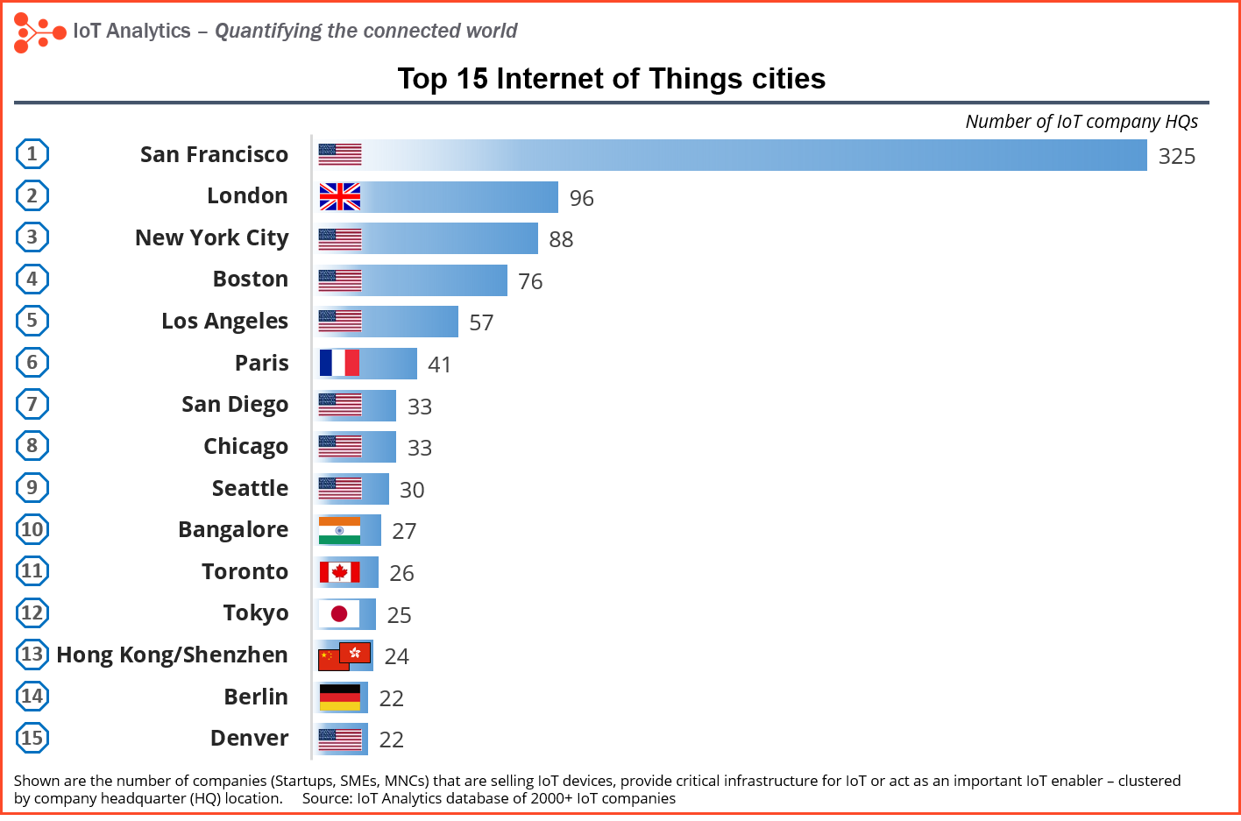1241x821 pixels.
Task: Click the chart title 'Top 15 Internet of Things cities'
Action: (611, 79)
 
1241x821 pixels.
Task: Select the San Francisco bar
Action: (754, 155)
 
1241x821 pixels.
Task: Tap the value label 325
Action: (1176, 156)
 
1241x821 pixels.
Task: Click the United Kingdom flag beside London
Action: (340, 197)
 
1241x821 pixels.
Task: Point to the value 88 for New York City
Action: (561, 239)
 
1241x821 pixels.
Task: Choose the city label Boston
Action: (250, 279)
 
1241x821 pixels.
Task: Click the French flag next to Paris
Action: (339, 363)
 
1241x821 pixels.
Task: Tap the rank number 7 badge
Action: (32, 404)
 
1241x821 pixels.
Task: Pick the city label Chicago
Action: (245, 446)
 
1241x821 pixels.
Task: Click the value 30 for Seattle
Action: (412, 490)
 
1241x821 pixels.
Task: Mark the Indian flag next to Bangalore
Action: (339, 530)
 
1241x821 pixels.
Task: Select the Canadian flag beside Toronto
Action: (339, 572)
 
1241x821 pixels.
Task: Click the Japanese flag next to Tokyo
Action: (339, 613)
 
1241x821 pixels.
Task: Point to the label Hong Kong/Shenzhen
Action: (172, 655)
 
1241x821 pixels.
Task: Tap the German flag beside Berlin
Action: (339, 697)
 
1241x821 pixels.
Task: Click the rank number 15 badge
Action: (32, 738)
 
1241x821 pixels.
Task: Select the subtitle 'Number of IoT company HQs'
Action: (1081, 122)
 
